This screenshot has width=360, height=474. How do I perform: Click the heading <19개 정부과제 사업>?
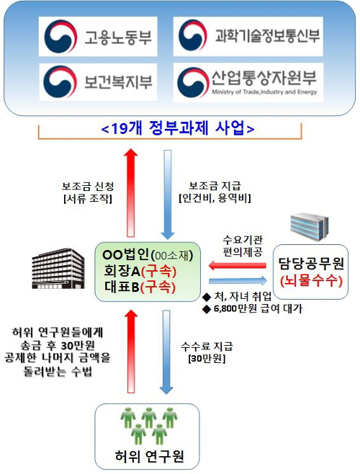[178, 128]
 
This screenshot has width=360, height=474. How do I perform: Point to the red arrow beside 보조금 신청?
[130, 192]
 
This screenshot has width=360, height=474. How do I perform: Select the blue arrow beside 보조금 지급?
[168, 194]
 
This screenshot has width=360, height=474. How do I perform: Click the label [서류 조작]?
[88, 199]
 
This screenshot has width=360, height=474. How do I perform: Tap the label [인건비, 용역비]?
[215, 198]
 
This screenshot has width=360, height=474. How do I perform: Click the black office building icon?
[58, 268]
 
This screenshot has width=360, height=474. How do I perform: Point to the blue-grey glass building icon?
[309, 227]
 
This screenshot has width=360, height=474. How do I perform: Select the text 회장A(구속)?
[140, 271]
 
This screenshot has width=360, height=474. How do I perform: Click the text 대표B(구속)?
[140, 287]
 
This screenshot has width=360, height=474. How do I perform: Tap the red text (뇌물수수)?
[311, 281]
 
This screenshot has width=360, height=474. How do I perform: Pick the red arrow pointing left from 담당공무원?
[238, 266]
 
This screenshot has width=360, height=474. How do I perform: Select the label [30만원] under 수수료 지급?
[207, 359]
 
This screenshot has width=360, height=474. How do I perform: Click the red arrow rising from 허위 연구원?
[131, 352]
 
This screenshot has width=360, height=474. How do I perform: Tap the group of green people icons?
[149, 426]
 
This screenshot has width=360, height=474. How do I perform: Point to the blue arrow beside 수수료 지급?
[166, 352]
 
